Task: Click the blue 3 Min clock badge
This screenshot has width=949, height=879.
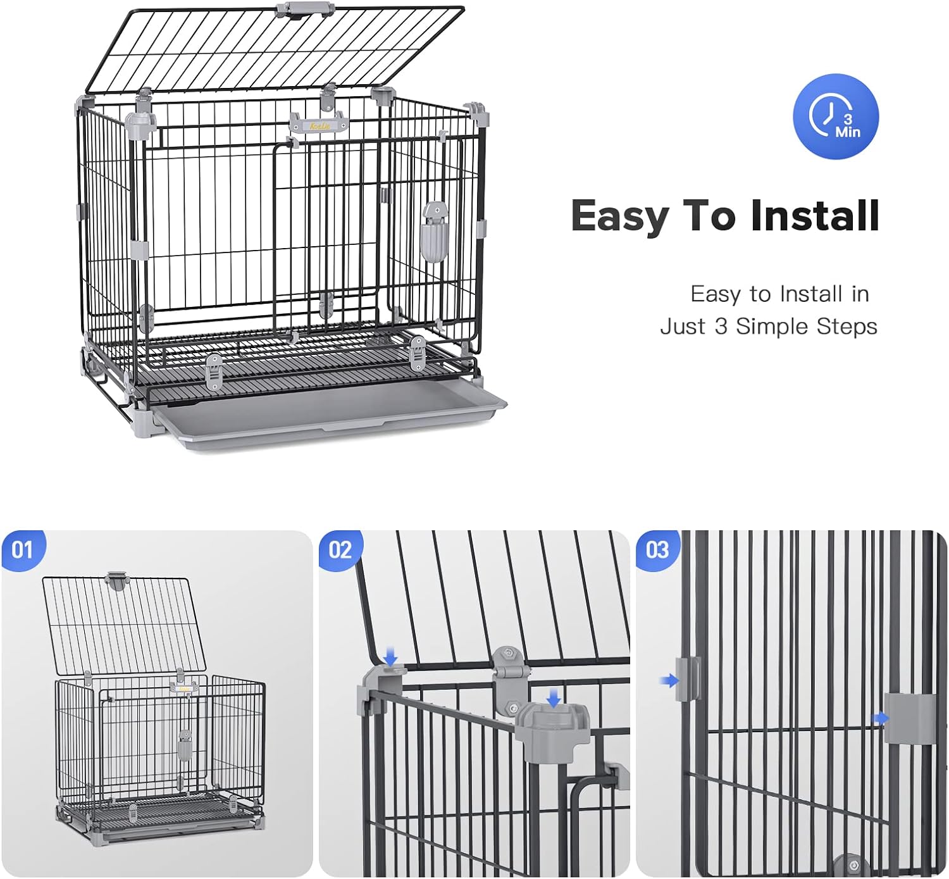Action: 835,117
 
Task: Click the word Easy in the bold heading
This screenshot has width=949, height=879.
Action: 618,216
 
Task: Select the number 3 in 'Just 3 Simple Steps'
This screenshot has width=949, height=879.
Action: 721,327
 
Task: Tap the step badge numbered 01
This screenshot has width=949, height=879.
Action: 23,549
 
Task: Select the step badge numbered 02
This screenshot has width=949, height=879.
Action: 340,549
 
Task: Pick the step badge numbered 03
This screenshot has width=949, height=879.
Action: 657,549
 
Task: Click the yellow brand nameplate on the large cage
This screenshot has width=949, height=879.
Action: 320,125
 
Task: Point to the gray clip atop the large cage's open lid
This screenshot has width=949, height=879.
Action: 305,10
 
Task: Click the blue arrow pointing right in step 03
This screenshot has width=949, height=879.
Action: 879,718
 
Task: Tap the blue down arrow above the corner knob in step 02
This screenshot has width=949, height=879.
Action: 554,698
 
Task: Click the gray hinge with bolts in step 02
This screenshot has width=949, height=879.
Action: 506,677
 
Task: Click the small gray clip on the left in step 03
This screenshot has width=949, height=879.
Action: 688,678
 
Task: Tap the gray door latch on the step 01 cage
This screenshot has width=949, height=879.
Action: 184,745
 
